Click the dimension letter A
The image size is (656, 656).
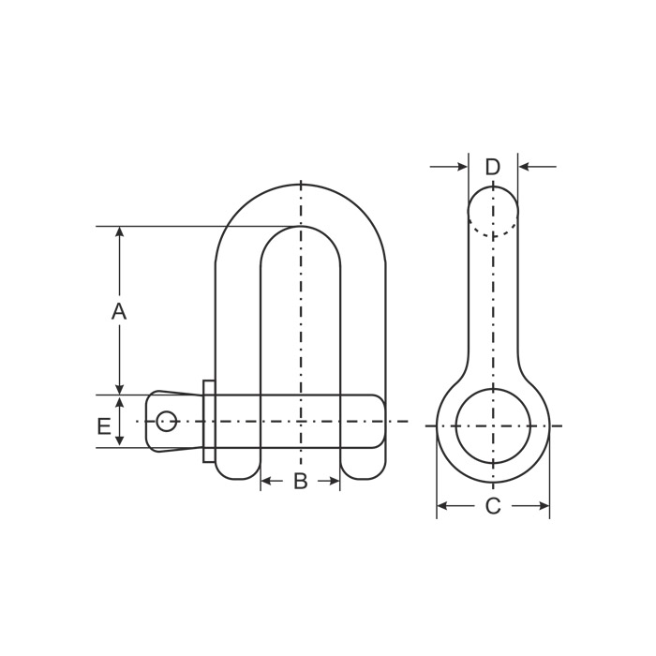(x=119, y=311)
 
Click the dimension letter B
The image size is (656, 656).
(x=301, y=481)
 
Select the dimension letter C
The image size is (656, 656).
(x=493, y=506)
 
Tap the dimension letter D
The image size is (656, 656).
(x=493, y=167)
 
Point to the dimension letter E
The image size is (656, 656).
(x=104, y=426)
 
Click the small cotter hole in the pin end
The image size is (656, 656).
(x=166, y=421)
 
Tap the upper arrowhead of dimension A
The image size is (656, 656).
(x=120, y=232)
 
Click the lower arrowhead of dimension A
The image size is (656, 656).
(x=120, y=389)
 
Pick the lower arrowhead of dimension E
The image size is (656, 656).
(x=120, y=440)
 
